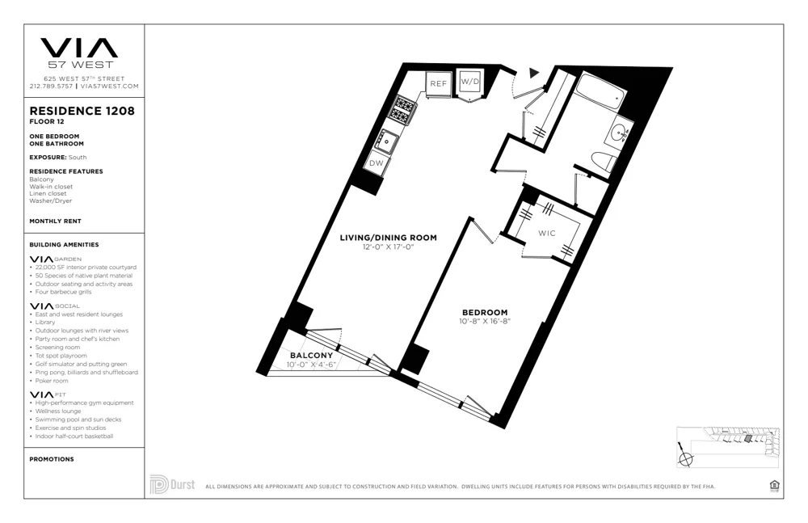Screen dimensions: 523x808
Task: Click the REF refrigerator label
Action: click(438, 83)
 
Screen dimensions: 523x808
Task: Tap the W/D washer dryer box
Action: click(470, 82)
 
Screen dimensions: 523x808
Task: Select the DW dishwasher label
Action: click(377, 163)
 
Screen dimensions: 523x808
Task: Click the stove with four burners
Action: click(404, 108)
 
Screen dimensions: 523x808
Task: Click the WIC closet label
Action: click(548, 234)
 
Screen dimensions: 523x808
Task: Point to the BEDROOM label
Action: click(485, 313)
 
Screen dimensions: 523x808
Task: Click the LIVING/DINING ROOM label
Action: click(388, 238)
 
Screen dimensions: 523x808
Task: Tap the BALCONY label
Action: click(310, 356)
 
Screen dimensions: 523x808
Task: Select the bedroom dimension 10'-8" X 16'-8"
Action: click(484, 322)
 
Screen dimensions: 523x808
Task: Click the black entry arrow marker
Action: click(533, 73)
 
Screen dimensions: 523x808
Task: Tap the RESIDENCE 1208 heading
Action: click(82, 112)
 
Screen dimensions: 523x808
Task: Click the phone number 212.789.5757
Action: click(51, 86)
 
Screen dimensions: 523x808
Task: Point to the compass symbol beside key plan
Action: click(686, 459)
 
